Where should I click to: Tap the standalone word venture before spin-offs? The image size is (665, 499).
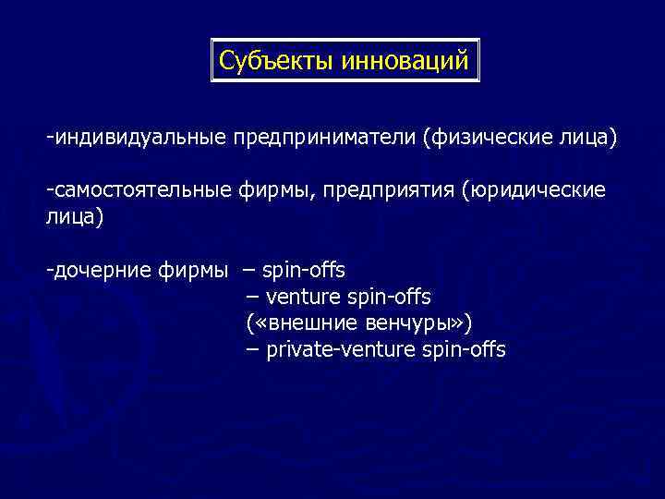click(x=303, y=297)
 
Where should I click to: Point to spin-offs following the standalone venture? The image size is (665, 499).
click(x=390, y=297)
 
